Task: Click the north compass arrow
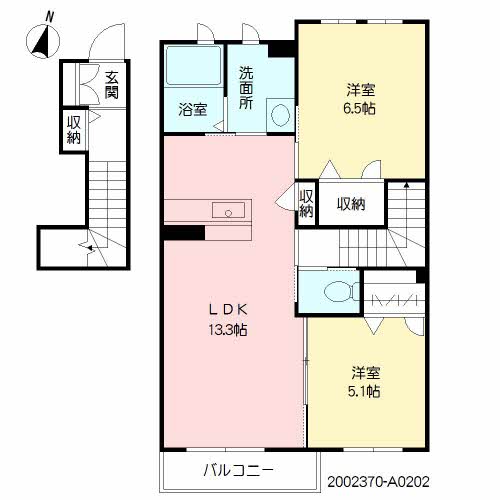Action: (x=42, y=41)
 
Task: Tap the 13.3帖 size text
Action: (x=228, y=329)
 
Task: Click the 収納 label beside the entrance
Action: (x=74, y=131)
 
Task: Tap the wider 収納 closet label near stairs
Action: (x=350, y=204)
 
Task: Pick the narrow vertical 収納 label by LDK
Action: (x=306, y=203)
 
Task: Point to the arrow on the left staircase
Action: (x=91, y=244)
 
